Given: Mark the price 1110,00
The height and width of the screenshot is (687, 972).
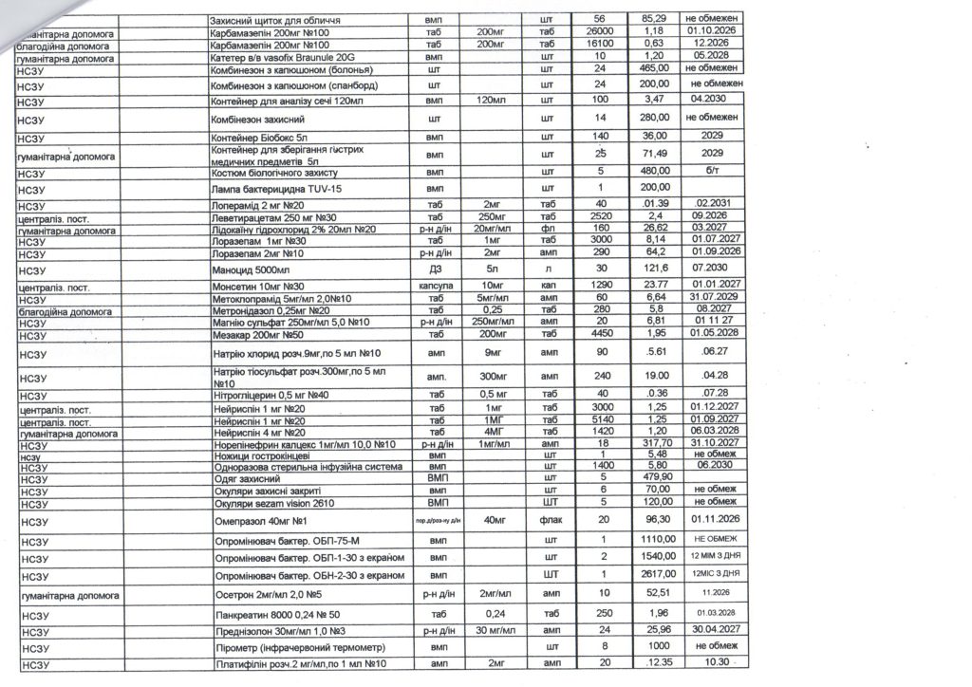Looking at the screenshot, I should (x=650, y=537).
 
